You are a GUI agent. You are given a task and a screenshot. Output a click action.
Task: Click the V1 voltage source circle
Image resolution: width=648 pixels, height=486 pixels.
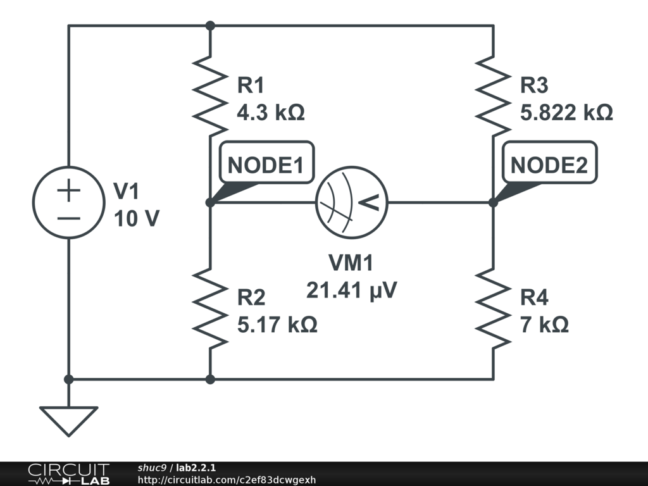pos(69,202)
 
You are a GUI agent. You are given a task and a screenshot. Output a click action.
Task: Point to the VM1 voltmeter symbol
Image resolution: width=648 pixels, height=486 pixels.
pos(351,202)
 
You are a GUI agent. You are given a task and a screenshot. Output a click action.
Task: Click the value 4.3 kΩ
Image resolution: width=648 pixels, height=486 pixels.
pos(270,113)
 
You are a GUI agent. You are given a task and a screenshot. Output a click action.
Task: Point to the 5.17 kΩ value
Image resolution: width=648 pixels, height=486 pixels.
pos(277,325)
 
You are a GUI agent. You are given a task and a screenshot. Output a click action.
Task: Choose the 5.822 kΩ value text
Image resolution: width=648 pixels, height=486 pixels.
pos(566,113)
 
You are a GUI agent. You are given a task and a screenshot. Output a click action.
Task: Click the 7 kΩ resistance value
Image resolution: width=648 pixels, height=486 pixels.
pos(544,325)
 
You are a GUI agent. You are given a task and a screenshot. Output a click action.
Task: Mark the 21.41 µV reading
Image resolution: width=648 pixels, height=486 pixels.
pos(351,290)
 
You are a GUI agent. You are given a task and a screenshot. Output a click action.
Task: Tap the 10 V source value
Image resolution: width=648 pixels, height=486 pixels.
pos(137,219)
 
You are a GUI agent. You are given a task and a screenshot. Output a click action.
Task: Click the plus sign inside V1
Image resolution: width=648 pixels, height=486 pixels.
pos(69,190)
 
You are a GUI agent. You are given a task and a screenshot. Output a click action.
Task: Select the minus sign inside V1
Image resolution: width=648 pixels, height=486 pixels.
pos(69,217)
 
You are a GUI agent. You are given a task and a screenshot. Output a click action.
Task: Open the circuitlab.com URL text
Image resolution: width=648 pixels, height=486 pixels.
pos(227,480)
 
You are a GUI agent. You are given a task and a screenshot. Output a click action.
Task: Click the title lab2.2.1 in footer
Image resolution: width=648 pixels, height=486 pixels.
pos(196,468)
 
